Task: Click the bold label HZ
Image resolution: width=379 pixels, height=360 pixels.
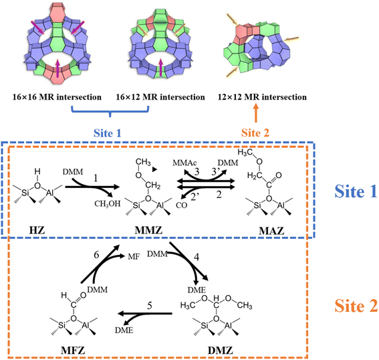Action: pos(37,230)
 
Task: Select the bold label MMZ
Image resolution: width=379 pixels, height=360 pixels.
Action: pos(148,230)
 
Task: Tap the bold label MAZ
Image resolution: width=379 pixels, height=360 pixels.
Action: pos(271,231)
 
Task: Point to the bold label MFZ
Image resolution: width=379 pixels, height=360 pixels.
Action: pos(73,351)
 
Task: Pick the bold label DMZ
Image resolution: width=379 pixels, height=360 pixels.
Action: pos(221,351)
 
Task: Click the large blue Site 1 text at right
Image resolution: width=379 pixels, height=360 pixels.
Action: pos(356,191)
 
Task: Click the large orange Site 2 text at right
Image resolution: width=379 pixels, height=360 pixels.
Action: pos(356,306)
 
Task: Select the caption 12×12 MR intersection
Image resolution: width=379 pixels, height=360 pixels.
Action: pos(262,97)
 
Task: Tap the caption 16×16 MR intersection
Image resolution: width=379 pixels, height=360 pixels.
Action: pos(57,97)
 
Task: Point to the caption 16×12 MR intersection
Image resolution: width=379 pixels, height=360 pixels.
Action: pos(160,97)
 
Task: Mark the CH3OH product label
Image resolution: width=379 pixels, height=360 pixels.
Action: pos(108,204)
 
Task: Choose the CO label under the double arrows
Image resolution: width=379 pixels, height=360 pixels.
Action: pos(182,205)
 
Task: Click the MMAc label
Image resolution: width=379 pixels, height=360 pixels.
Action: pos(184,163)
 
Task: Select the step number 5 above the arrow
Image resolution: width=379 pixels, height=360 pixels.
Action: pos(150,306)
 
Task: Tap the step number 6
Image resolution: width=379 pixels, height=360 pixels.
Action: pos(96,255)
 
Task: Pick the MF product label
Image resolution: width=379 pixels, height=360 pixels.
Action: pos(134,256)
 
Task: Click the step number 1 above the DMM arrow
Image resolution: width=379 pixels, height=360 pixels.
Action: pos(96,178)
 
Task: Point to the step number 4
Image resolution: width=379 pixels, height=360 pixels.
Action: pos(197,257)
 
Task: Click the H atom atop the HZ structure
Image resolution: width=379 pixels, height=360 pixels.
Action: pos(37,171)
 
